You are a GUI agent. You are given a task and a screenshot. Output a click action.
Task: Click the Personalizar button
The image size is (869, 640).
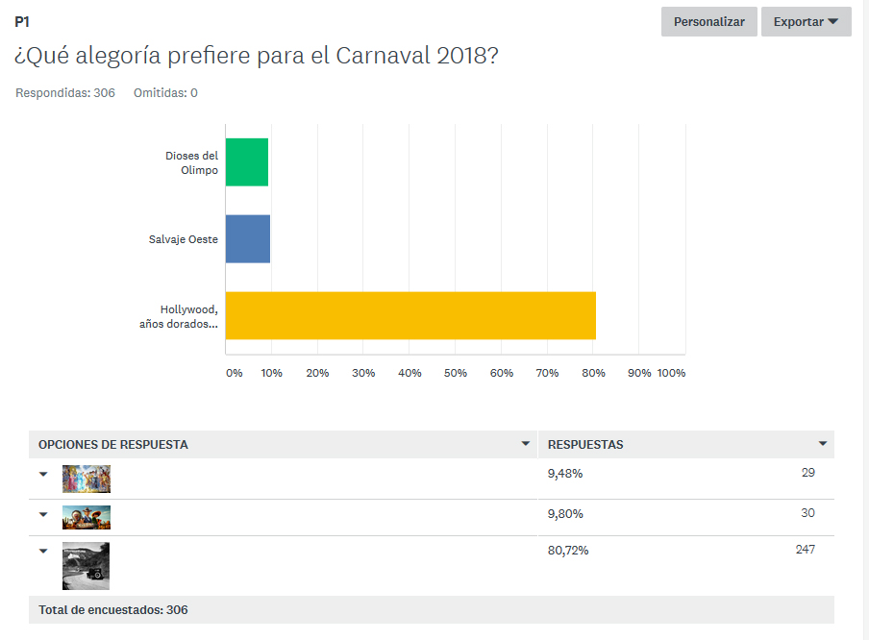point(708,21)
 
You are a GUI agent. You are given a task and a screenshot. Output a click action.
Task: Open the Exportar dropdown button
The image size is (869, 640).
point(806,21)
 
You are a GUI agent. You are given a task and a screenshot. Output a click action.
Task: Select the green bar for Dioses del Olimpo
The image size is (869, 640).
point(247,162)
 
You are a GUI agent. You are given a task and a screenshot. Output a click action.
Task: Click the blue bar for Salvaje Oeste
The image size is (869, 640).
point(248,239)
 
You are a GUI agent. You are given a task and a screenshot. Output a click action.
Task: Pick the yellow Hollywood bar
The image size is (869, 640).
point(410,315)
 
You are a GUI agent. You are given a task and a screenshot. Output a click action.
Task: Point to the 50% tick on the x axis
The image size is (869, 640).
point(456,373)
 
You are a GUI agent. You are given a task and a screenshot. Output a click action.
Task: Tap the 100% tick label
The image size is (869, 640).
point(671,373)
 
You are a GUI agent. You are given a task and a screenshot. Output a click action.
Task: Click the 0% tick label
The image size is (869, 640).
point(234,373)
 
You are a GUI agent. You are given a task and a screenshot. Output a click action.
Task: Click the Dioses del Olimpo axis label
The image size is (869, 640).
point(191,162)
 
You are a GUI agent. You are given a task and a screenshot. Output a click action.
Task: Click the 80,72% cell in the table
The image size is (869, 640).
point(568,551)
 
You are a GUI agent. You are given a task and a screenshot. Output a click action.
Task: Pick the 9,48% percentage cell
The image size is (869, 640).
point(565,473)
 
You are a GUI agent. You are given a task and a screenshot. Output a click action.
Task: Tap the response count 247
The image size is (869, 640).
point(805,550)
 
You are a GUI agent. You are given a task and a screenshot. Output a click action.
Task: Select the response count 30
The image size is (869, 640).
point(807,513)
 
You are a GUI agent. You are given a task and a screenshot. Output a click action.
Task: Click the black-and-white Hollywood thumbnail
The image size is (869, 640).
point(86,565)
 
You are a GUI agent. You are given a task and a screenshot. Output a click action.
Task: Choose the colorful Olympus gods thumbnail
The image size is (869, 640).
point(87,479)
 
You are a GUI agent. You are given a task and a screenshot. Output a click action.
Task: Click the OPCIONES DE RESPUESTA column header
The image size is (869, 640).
point(113,445)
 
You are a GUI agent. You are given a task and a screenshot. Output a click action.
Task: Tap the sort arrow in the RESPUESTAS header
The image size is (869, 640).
point(823,444)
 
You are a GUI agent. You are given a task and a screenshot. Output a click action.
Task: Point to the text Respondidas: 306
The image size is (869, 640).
point(65,93)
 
